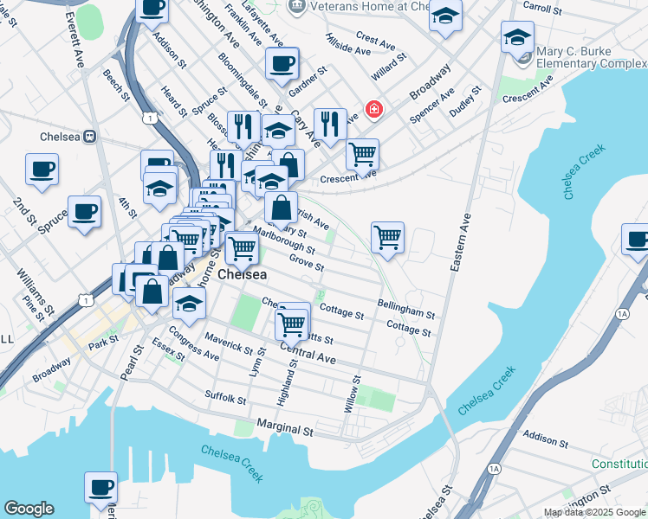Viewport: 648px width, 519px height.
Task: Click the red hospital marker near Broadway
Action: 373,110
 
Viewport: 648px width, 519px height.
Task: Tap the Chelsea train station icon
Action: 87,137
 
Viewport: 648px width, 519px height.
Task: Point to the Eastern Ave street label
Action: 459,243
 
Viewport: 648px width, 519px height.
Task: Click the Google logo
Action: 29,509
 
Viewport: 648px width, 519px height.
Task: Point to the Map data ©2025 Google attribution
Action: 594,512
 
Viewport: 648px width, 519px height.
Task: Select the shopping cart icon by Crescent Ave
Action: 362,154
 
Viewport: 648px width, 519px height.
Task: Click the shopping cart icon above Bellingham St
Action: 387,235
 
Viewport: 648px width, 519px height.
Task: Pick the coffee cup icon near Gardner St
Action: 282,63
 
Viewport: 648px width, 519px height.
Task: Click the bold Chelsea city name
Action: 242,274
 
